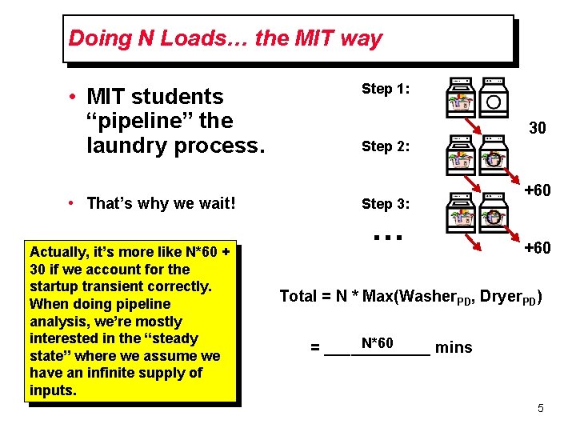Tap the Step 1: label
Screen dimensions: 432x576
pos(386,89)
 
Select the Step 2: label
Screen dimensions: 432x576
pos(386,146)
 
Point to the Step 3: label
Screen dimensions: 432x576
pos(386,204)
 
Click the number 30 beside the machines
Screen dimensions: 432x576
pos(538,127)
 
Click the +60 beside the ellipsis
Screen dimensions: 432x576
pos(536,248)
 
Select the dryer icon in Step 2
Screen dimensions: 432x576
pos(494,155)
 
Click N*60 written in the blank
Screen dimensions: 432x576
pos(377,343)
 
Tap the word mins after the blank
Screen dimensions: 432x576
pos(454,347)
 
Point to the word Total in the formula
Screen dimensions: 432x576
pos(298,296)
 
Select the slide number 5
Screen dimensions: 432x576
pos(541,409)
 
